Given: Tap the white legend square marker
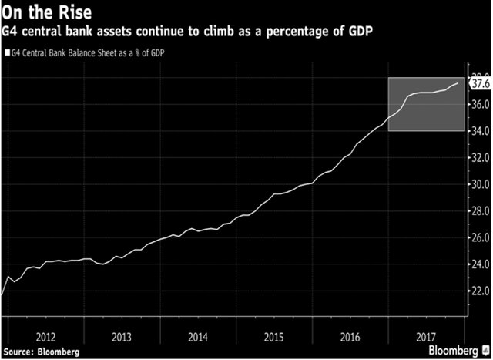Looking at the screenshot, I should [7, 54].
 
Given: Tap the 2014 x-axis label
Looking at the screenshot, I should [196, 338].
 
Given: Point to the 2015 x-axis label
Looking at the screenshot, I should [273, 338].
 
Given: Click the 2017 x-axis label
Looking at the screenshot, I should [425, 338].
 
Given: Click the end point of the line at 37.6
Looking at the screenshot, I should [459, 82].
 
